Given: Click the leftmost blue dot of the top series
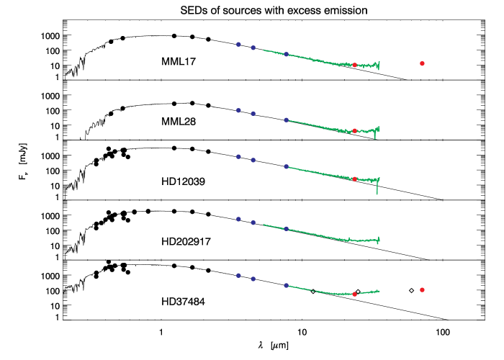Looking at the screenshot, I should coord(238,44).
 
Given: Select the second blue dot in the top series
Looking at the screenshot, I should coord(253,48).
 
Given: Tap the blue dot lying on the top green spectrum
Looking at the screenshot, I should coord(286,54).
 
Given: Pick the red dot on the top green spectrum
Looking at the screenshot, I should coord(354,65).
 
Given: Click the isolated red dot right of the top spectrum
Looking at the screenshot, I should coord(422,63).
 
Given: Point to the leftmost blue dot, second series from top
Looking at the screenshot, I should coord(238,110).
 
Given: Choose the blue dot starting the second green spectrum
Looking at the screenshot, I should coord(286,120).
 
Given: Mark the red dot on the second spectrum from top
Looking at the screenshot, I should coord(354,131).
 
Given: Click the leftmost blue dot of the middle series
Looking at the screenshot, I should coord(238,156).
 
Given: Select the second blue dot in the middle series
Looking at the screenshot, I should coord(253,160).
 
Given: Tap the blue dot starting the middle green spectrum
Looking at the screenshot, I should coord(286,166).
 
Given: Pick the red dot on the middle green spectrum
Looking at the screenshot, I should coord(354,179).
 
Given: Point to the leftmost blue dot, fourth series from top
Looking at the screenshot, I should coord(238,219).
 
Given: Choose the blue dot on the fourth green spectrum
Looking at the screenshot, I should coord(286,228).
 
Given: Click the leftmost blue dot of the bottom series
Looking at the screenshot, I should coord(238,275).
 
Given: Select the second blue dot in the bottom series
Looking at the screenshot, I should coord(253,279).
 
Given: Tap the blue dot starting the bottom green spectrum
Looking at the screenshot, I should coord(286,285).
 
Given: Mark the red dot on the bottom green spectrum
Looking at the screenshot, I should coord(354,294).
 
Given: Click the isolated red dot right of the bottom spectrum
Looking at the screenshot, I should coord(422,289).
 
